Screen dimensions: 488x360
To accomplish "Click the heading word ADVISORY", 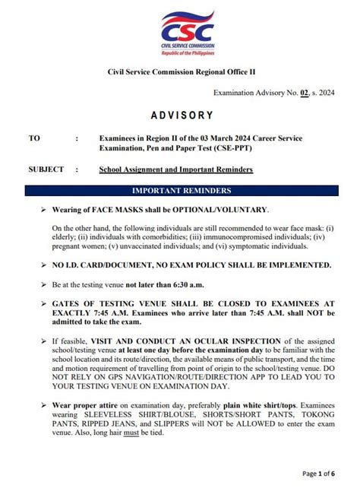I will point(182,116).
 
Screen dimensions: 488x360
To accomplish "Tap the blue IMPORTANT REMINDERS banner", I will point(182,191).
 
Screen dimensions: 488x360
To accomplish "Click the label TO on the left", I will point(33,138).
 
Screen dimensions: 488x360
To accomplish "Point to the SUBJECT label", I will point(46,170).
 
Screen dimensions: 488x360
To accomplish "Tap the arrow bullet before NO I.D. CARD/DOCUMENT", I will point(43,265).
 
